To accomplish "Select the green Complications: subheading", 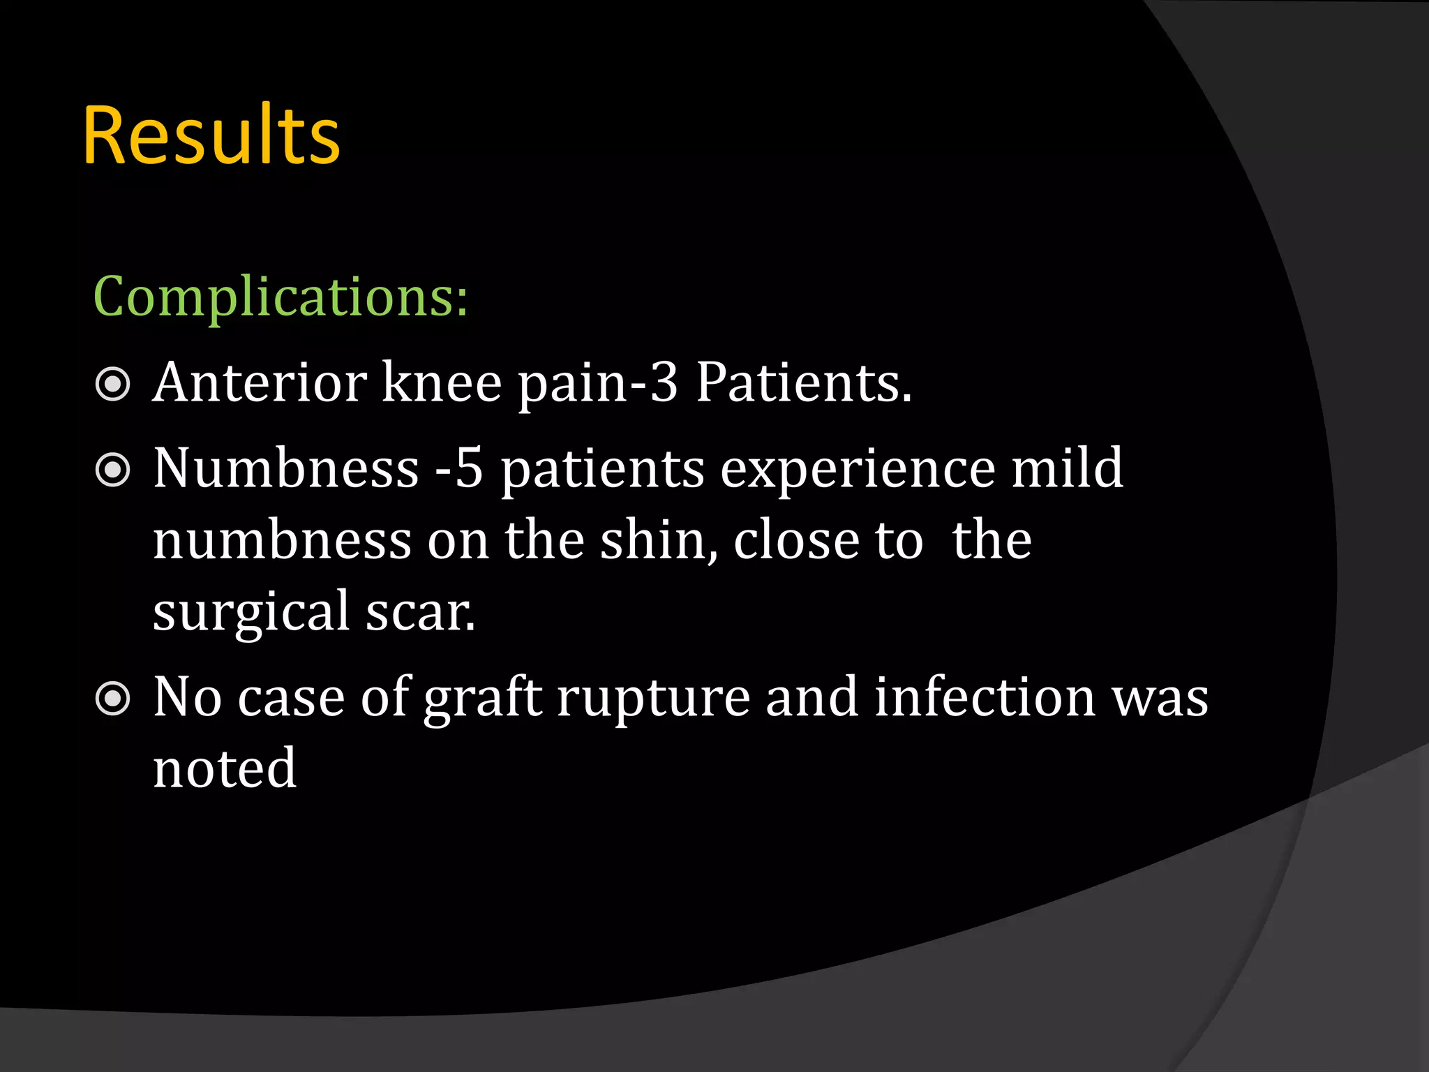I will (x=280, y=297).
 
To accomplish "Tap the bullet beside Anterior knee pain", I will (x=112, y=384).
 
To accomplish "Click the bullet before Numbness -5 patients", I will (x=112, y=470).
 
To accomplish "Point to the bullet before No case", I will (x=112, y=699).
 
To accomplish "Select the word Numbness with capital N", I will (x=286, y=468).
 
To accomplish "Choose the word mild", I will (x=1068, y=468).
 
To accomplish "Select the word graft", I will (x=483, y=699).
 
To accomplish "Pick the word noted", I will (x=225, y=768).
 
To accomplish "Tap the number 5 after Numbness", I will (x=470, y=468).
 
